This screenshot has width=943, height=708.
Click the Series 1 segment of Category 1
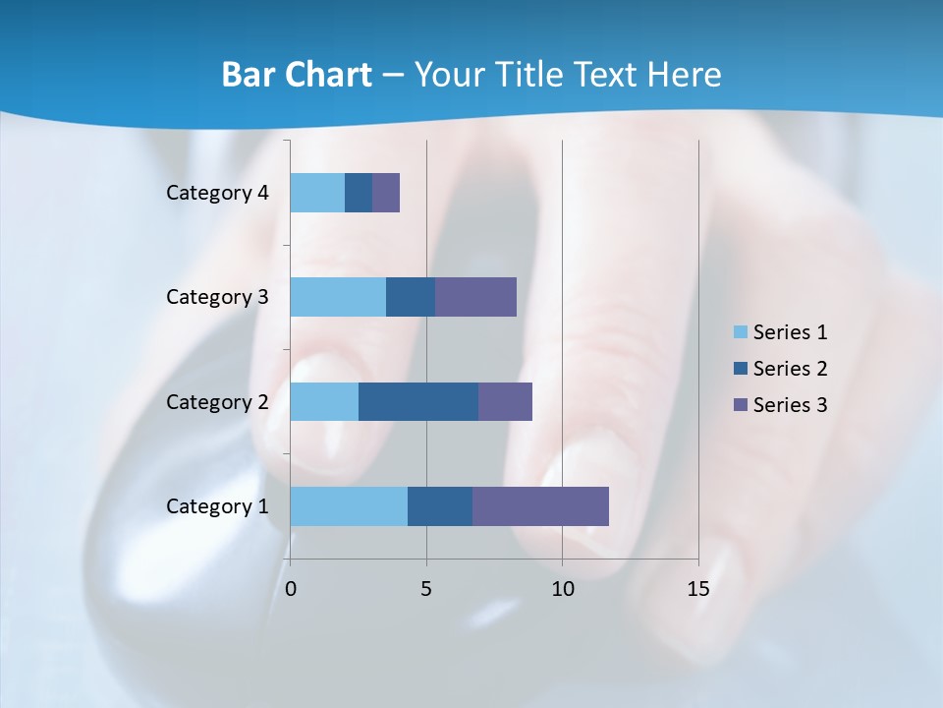click(x=349, y=506)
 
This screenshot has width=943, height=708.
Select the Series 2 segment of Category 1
click(x=440, y=506)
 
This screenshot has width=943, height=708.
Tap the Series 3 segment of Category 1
click(x=540, y=506)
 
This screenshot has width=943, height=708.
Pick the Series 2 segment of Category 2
click(x=418, y=401)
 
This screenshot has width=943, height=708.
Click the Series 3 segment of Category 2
click(x=505, y=401)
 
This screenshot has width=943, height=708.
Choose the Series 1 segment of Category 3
click(x=338, y=297)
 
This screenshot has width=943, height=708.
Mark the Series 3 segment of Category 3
click(x=475, y=297)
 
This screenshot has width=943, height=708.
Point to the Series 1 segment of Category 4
click(x=317, y=193)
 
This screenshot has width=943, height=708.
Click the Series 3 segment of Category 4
click(x=386, y=193)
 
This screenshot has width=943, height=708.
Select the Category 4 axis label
click(x=217, y=193)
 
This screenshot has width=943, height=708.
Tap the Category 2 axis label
click(x=217, y=402)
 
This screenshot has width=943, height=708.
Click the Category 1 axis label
click(x=217, y=506)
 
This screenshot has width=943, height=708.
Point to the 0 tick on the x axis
click(x=291, y=589)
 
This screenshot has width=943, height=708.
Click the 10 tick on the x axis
click(x=562, y=589)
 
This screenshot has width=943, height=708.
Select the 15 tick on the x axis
click(x=697, y=589)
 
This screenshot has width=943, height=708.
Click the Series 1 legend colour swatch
click(x=740, y=332)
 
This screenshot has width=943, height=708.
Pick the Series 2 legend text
click(x=790, y=369)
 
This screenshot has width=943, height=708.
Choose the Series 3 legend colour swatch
click(x=740, y=405)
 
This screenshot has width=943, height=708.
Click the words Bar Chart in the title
click(x=297, y=75)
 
